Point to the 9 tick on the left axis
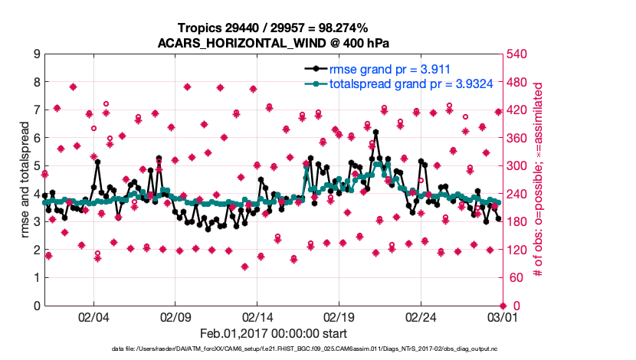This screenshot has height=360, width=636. pyautogui.click(x=37, y=54)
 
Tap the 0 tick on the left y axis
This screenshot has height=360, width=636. pyautogui.click(x=37, y=306)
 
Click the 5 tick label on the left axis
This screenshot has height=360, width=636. pyautogui.click(x=37, y=166)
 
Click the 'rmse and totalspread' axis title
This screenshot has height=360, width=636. pyautogui.click(x=24, y=180)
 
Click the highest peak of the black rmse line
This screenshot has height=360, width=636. pyautogui.click(x=375, y=132)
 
